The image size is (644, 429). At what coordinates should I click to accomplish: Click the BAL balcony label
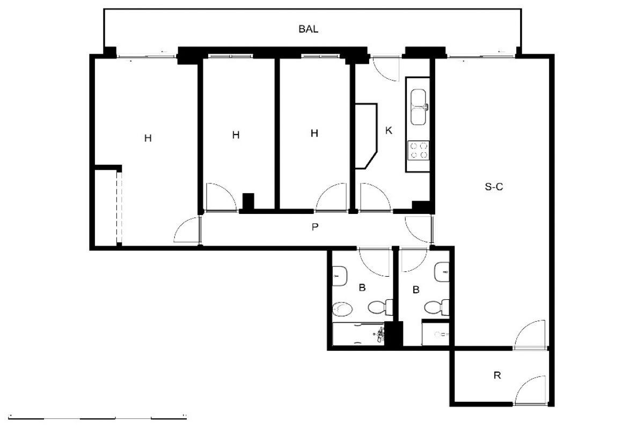308,29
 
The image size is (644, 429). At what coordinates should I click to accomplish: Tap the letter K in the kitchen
389,131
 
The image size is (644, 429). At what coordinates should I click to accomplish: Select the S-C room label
494,187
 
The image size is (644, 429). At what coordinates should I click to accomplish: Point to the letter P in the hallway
315,227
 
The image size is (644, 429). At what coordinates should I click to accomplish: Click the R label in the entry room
497,375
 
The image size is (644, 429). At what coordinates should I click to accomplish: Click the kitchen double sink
419,107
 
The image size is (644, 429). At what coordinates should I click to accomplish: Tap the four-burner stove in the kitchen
418,151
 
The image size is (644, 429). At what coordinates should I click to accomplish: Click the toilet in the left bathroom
380,307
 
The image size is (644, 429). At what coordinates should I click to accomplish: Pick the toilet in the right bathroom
437,307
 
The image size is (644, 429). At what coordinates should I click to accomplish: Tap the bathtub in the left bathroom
358,334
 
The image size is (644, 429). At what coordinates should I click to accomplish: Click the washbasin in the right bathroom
442,272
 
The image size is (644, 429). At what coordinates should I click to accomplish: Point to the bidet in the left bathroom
342,309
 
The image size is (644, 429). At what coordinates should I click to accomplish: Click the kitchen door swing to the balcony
386,69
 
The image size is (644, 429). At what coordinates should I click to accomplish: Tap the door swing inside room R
530,390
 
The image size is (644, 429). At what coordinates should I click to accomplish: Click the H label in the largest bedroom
148,138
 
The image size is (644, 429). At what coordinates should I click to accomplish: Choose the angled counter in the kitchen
366,136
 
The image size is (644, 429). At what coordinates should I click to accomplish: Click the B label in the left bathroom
362,287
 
